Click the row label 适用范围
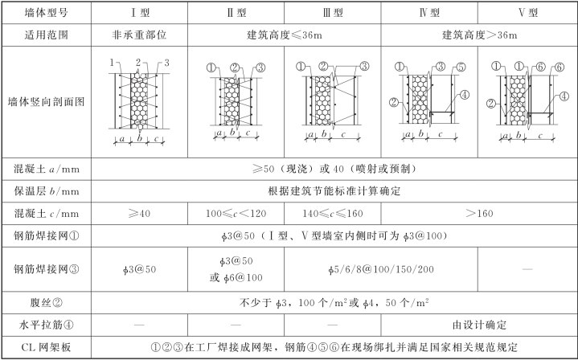[x=45, y=36]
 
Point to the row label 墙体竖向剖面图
[x=45, y=102]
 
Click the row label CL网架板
[x=45, y=348]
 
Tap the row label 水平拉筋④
[x=45, y=325]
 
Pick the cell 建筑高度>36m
[x=477, y=36]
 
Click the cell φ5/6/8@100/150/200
[x=378, y=268]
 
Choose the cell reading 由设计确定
[x=477, y=325]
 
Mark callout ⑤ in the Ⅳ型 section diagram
[x=461, y=67]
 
